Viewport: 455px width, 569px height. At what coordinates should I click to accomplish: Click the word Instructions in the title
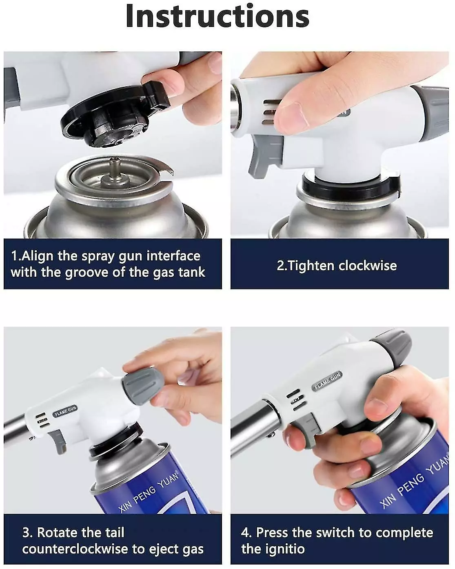coord(217,16)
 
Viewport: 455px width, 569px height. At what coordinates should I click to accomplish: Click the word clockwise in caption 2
coord(368,266)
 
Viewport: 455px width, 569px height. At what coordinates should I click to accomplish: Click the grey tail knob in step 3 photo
coord(143,385)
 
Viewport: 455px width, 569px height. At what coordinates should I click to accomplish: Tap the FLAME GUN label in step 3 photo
coord(65,411)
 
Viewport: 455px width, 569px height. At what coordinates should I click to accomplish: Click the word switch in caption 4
coord(335,533)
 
